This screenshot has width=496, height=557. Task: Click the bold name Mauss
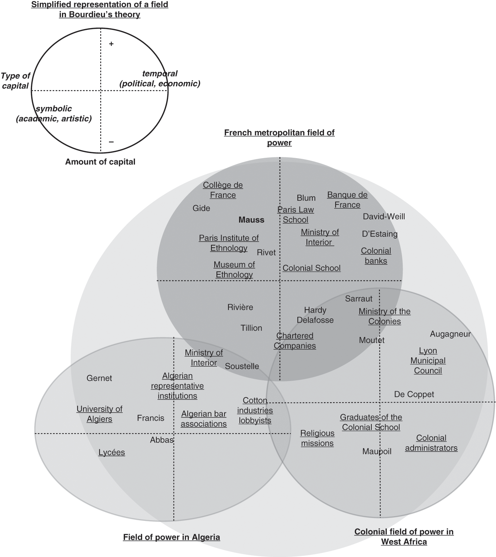[x=251, y=220]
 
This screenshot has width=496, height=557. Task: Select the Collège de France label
[x=223, y=190]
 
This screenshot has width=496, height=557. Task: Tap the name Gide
[x=201, y=208]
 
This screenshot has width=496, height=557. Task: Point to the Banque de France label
[x=347, y=200]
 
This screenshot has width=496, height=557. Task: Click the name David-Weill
[x=384, y=216]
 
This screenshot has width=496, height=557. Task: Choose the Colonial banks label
[x=376, y=256]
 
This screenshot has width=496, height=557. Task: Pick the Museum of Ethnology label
[x=234, y=270]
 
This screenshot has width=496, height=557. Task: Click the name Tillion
[x=251, y=328]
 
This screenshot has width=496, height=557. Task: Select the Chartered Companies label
[x=295, y=341]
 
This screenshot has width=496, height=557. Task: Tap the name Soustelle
[x=242, y=366]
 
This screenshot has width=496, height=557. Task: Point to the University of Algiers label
[x=99, y=414]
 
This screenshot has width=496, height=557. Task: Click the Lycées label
[x=112, y=452]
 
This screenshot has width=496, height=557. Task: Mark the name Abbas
[x=161, y=440]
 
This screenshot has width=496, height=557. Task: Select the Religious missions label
[x=317, y=438]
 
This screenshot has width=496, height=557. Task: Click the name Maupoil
[x=376, y=451]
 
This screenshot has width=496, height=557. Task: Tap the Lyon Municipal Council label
[x=428, y=361]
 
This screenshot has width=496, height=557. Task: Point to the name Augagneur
[x=450, y=334]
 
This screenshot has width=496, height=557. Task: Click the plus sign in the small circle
[x=111, y=44]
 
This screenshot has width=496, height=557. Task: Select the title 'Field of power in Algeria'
[x=171, y=537]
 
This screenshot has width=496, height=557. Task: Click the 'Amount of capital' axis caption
[x=100, y=162]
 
